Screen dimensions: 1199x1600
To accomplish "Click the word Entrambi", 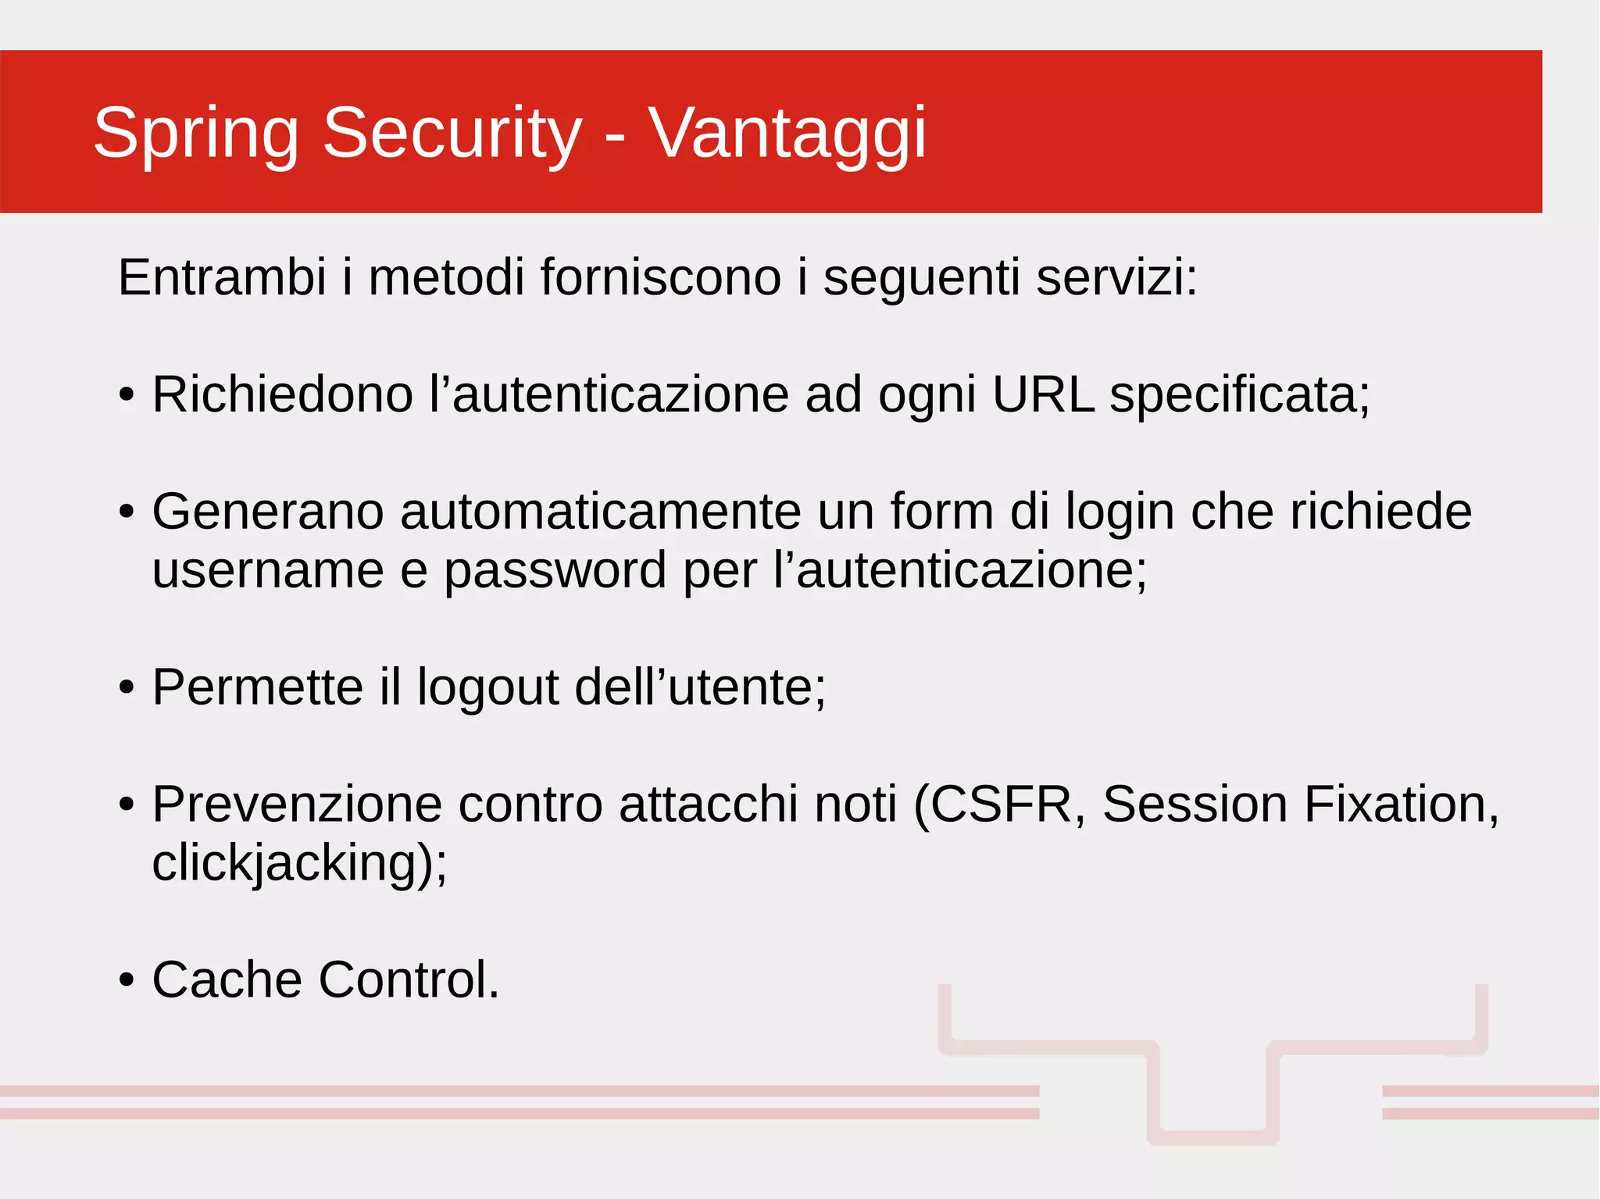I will coord(222,277).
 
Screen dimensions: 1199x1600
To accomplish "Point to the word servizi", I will coord(1116,277).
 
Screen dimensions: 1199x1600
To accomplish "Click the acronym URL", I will coord(1043,394).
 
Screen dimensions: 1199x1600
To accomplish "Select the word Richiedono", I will coord(282,394).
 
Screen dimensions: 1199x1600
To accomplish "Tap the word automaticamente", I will coord(600,512).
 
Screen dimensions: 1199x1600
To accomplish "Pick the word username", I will coord(268,570).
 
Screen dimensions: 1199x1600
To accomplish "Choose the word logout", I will coord(487,688).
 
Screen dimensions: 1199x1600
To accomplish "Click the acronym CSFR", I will coord(1001,805).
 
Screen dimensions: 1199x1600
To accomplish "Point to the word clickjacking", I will coord(293,864).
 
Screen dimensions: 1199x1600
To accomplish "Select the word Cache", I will coord(227,980).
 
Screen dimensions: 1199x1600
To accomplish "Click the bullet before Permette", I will coord(127,688).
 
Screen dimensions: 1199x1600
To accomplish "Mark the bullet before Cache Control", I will coord(127,981).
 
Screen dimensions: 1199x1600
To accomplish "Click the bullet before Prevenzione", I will coord(127,805).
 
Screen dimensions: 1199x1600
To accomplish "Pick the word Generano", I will coord(268,512).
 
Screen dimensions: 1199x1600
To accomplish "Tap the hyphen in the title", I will coord(615,137).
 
